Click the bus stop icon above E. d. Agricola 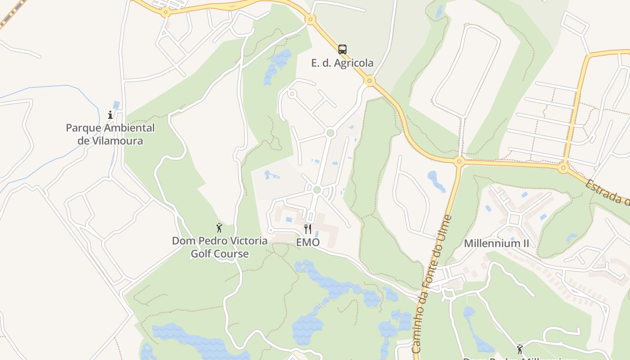342,49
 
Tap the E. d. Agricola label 342,63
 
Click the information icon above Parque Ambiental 110,115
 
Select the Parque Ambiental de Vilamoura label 110,134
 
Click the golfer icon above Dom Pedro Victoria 220,228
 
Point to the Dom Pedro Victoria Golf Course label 220,247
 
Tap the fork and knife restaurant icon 308,229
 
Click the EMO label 308,243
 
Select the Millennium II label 496,243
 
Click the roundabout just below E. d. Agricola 369,81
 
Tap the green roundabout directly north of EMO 317,190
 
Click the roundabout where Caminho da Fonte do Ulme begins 459,161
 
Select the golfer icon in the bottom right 520,349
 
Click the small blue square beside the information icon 117,105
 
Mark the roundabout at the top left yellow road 166,13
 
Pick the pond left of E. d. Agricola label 277,65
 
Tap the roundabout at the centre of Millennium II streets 514,220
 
